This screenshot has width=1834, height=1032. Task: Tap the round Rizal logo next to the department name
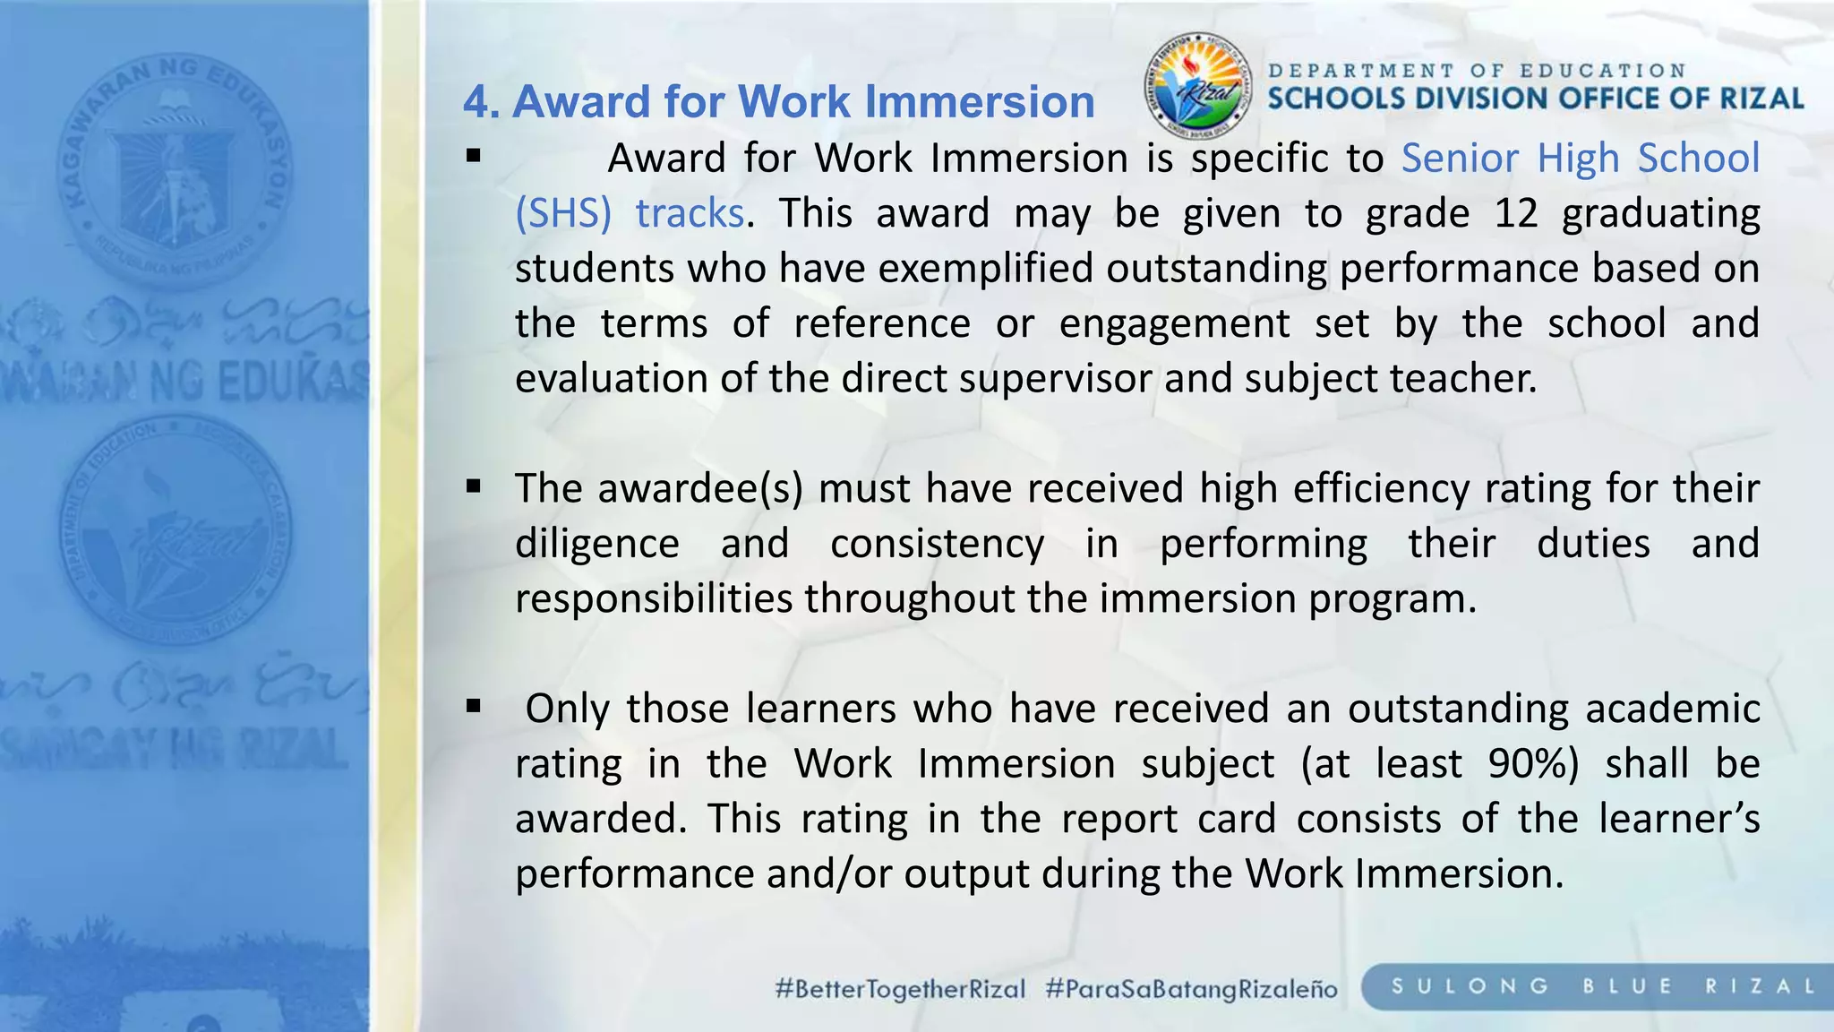1198,86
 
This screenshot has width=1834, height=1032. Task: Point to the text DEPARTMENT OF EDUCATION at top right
1478,70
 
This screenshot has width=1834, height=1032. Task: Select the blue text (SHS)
563,213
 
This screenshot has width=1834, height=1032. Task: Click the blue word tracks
690,213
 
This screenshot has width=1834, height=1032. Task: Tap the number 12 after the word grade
1515,213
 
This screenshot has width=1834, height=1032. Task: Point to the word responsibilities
654,598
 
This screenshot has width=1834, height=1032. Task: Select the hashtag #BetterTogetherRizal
900,989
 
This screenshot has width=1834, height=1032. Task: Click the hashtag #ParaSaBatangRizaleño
1191,989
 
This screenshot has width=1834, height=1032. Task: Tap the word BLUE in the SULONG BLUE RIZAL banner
1627,986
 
